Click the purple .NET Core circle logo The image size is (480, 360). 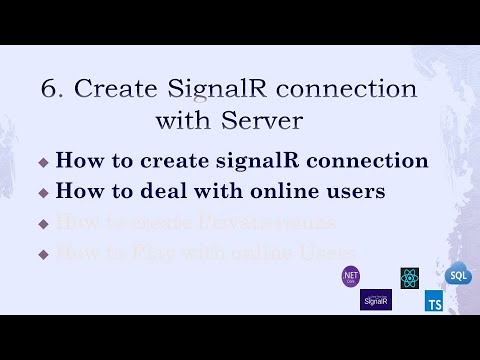coord(351,275)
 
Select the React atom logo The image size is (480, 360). coord(408,278)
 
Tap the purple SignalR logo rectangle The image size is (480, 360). coord(376,299)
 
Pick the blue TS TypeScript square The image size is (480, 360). coord(434,300)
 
